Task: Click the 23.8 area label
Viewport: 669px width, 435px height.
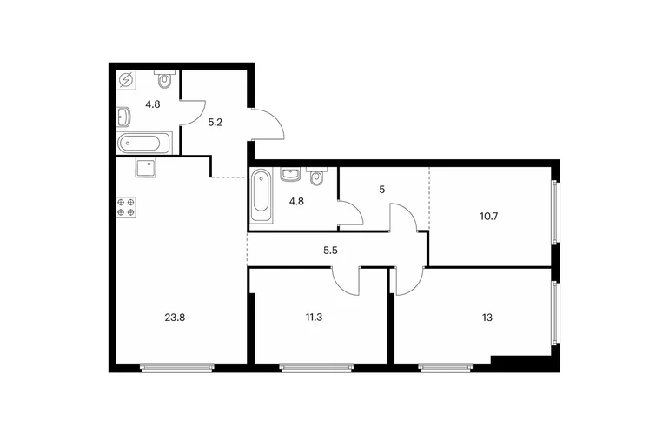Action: tap(175, 318)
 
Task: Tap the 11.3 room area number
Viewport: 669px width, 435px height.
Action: tap(314, 318)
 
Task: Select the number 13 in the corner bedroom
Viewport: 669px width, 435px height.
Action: tap(487, 318)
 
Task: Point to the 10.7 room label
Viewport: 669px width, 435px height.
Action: tap(489, 217)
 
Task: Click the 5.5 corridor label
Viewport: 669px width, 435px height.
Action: tap(330, 251)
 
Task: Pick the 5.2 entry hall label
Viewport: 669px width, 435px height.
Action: tap(215, 123)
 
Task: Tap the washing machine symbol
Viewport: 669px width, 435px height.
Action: tap(126, 80)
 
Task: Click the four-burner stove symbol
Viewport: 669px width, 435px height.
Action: tap(127, 207)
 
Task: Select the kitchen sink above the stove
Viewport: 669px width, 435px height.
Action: tap(146, 167)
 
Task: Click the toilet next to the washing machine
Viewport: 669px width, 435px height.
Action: tap(165, 79)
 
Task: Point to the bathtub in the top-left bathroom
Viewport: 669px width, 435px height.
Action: tap(144, 144)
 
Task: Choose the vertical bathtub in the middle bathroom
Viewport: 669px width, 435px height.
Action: tap(261, 195)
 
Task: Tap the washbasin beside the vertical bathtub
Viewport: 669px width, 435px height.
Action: tap(290, 175)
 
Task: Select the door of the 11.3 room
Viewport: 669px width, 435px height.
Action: tap(346, 281)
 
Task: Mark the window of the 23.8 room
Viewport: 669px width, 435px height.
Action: tap(177, 367)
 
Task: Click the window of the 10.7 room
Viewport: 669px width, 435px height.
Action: tap(554, 212)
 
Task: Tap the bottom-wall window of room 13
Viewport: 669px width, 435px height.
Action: tap(446, 367)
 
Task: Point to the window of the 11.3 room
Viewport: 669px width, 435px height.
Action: tap(316, 367)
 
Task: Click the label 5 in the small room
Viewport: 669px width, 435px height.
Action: tap(382, 190)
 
